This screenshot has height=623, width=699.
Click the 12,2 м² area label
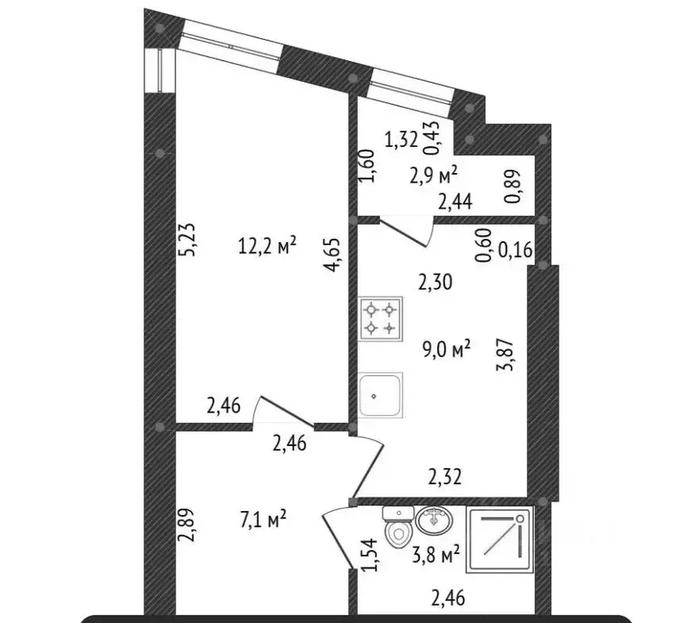coord(267,244)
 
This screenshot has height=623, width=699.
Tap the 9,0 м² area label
coord(447,349)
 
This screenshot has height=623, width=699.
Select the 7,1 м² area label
coord(263,520)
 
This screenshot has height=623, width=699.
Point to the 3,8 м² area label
coord(436,556)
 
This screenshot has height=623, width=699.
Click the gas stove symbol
coord(381,319)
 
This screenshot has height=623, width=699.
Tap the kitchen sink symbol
coord(381,395)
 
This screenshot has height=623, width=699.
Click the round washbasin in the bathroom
coord(434,520)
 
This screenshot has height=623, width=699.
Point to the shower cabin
coord(500,539)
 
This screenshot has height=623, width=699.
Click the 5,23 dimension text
coord(188,239)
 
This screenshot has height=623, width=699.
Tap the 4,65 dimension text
coord(333,254)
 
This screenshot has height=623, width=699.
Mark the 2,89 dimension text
coord(187,525)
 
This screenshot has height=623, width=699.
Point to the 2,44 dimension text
coord(455,203)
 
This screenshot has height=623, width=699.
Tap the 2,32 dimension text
coord(445,477)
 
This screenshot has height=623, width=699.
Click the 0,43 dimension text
coord(432,138)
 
